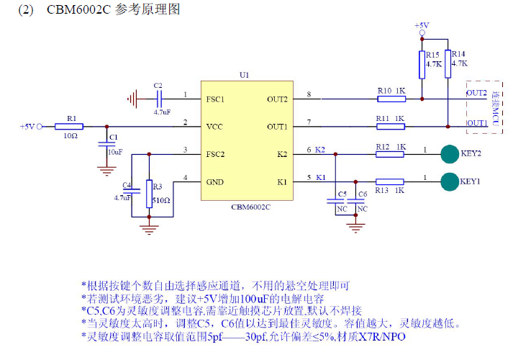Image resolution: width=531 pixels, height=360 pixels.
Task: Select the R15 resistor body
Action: [422, 64]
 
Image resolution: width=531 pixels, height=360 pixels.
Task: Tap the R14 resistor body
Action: [448, 64]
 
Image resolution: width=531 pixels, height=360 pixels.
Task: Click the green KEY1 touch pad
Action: [450, 181]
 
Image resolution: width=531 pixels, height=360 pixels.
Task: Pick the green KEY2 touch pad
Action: [450, 153]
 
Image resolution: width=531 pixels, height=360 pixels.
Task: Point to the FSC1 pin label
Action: [215, 99]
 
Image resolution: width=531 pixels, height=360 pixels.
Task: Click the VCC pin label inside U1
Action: [214, 126]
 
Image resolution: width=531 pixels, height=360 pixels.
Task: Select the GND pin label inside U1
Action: [215, 181]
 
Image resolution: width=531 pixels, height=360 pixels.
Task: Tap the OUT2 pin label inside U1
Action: [277, 99]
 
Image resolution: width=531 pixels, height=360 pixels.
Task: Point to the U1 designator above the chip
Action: [245, 75]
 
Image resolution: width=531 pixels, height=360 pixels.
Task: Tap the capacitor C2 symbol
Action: [160, 96]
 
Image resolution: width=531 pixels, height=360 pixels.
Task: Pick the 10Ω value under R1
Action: [71, 135]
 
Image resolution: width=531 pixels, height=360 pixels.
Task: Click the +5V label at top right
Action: [422, 25]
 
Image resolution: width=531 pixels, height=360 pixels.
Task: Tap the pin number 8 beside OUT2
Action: [309, 94]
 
